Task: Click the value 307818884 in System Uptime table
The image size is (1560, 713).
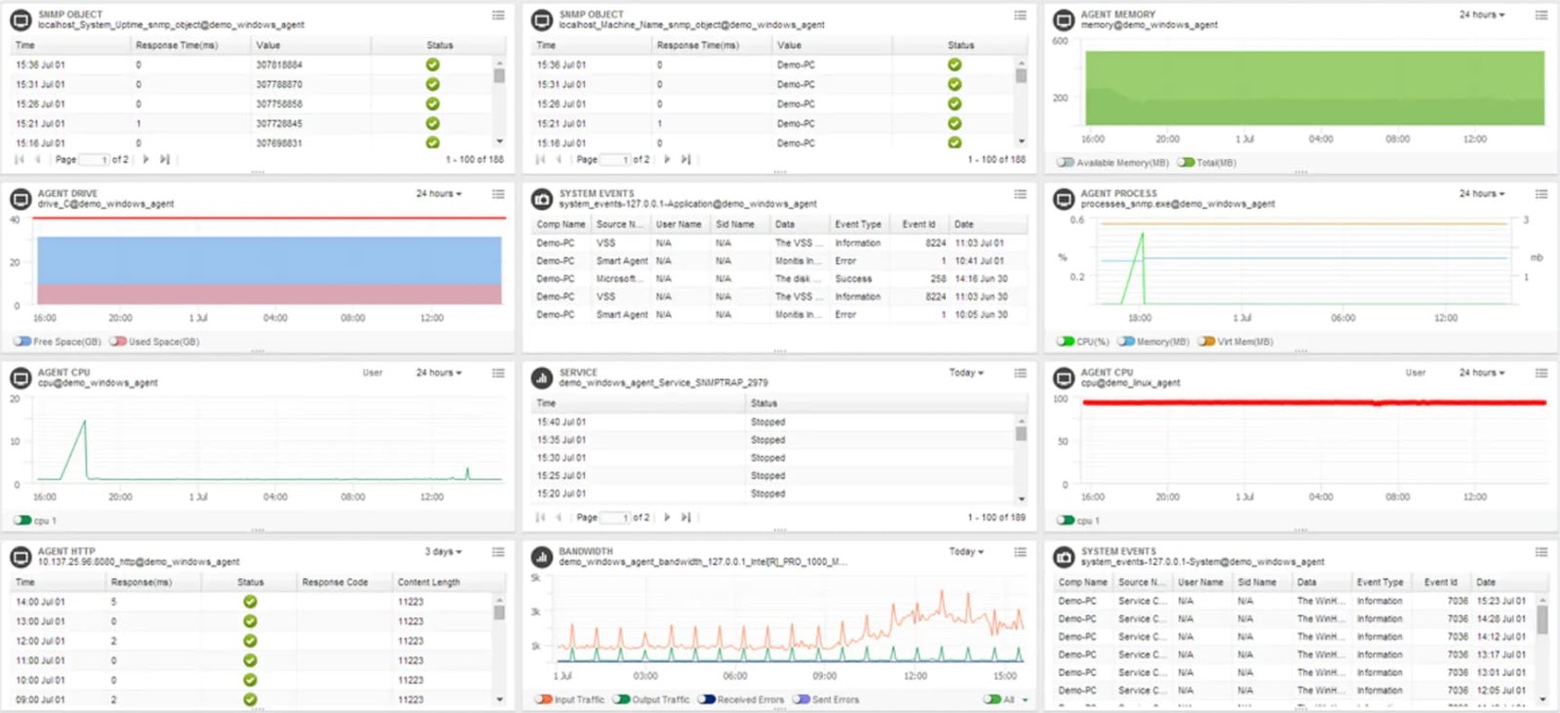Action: (279, 65)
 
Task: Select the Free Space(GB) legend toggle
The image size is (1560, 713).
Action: (22, 341)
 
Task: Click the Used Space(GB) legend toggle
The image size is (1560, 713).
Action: (118, 341)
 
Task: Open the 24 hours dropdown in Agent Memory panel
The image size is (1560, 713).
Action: (1481, 15)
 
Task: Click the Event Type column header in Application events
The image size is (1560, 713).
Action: (857, 224)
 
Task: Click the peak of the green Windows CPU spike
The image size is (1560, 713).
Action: (85, 421)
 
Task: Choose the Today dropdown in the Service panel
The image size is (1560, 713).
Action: (966, 373)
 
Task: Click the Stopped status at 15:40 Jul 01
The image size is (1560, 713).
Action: (767, 422)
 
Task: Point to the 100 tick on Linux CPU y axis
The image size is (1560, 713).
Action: (1060, 399)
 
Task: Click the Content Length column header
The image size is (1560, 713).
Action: (428, 582)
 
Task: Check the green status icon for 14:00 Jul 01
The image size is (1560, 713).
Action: (250, 602)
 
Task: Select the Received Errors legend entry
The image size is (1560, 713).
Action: (707, 699)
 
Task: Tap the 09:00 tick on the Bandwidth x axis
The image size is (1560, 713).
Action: (824, 676)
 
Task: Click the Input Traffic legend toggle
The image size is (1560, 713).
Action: (544, 699)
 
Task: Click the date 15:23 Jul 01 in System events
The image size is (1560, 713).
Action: (1501, 601)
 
